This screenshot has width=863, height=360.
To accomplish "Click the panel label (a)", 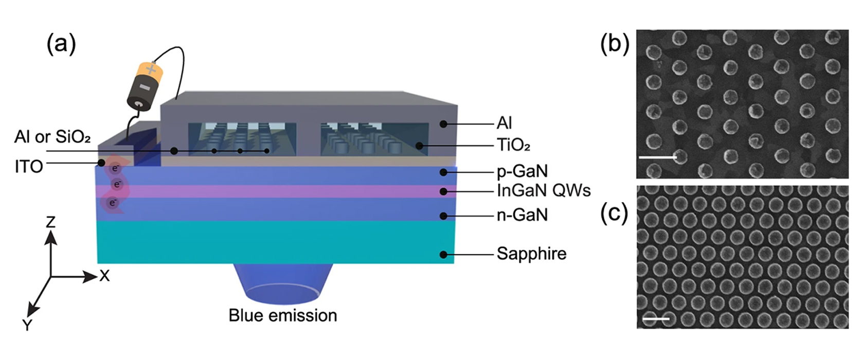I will tap(61, 44).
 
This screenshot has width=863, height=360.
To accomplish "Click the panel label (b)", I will tap(615, 44).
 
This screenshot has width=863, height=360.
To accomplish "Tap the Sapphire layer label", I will tap(531, 254).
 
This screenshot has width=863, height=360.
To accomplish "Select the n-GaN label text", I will tap(522, 214).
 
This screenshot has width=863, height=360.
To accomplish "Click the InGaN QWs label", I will tap(544, 191).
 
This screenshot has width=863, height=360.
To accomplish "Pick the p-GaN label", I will tap(522, 171).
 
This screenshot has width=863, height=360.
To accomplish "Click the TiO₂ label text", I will tap(513, 146).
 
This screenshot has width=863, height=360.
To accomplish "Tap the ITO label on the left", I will tap(29, 167).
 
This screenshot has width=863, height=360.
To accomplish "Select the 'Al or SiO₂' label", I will tap(52, 137).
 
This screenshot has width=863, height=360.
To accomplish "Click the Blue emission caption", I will tap(283, 315).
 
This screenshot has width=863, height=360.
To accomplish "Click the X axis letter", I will tap(104, 276).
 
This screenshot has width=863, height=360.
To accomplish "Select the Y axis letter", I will tap(27, 325).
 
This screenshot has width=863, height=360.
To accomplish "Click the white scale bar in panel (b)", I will tap(658, 157).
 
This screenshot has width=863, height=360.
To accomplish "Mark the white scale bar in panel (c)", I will tap(656, 319).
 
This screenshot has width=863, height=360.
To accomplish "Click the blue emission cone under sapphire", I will tap(283, 283).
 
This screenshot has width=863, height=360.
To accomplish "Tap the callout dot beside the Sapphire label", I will tap(443, 254).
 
